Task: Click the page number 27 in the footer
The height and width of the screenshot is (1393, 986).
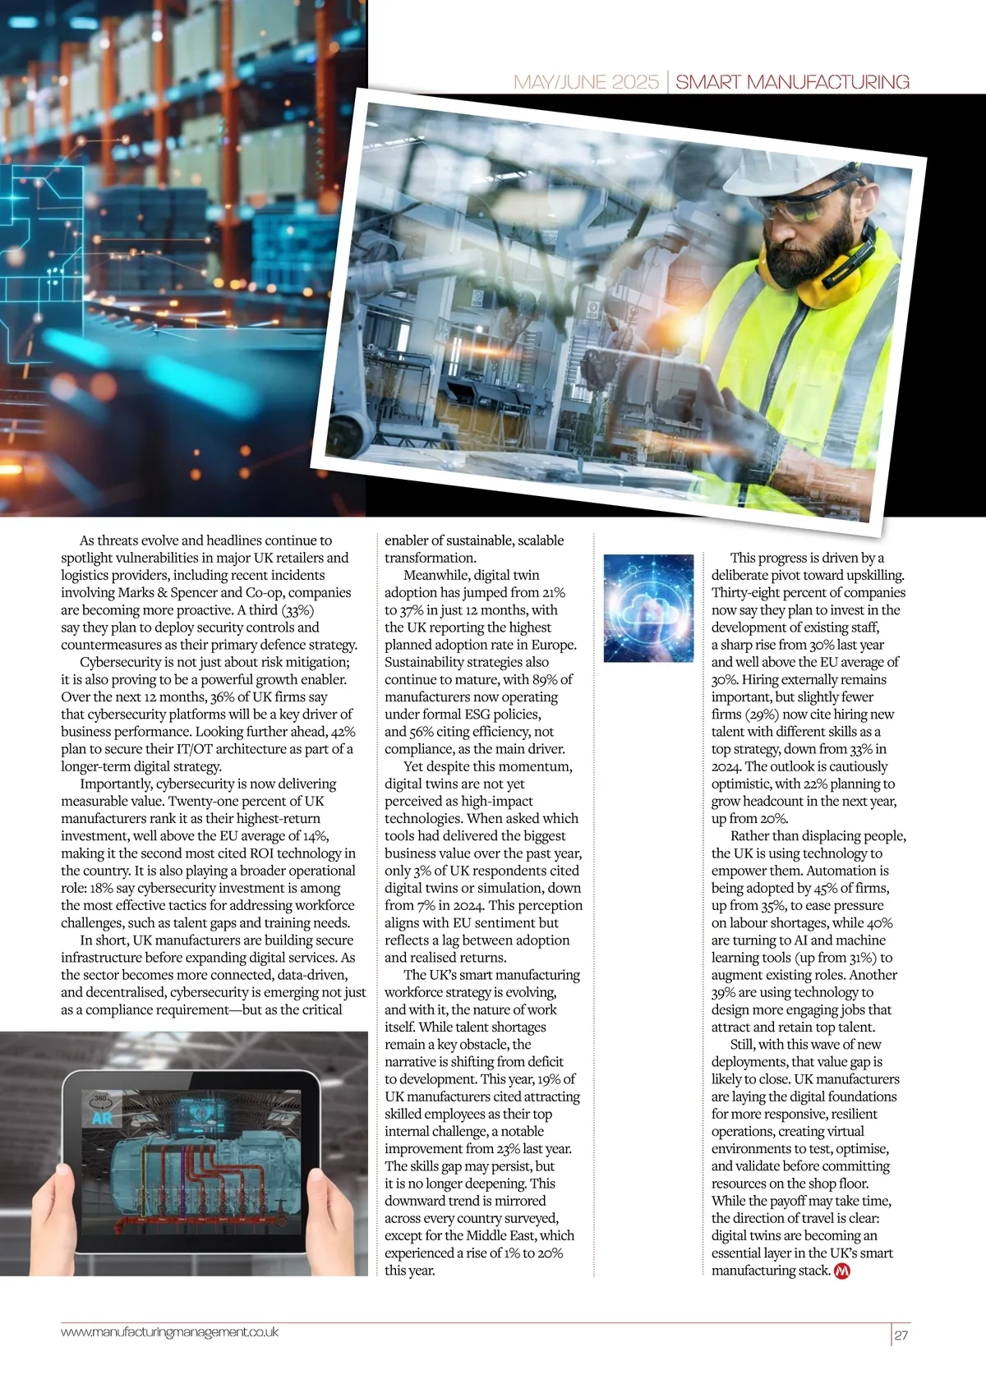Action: click(901, 1336)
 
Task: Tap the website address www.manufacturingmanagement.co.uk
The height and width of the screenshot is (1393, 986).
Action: click(169, 1331)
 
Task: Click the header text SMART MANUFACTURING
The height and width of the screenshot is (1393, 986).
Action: click(792, 82)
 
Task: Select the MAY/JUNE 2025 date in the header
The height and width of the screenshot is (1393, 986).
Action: click(586, 82)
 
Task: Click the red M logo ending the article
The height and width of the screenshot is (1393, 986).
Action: click(841, 1271)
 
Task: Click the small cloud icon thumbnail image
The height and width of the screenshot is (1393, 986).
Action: click(648, 609)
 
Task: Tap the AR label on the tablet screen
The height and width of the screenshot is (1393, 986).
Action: click(102, 1118)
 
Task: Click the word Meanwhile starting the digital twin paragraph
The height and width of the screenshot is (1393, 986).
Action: click(436, 575)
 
